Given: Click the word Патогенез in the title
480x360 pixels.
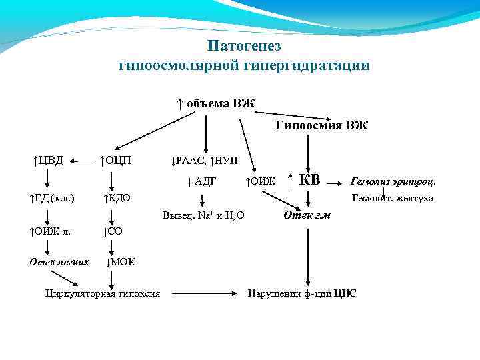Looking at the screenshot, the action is coord(244,47).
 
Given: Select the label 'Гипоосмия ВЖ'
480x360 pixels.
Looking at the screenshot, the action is coord(321,125).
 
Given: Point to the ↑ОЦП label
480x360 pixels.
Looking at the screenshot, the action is coord(115,160).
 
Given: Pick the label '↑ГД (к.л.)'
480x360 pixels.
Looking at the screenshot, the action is coord(51,198).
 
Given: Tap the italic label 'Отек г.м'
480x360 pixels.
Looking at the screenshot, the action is coord(307,215).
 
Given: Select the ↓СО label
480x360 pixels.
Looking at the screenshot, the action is coord(113,231).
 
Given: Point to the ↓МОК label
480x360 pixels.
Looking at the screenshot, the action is coord(121,261).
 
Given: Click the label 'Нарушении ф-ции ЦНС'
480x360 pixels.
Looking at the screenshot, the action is coord(302,293).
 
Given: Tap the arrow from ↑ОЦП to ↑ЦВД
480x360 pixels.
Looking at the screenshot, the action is coord(81,160).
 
